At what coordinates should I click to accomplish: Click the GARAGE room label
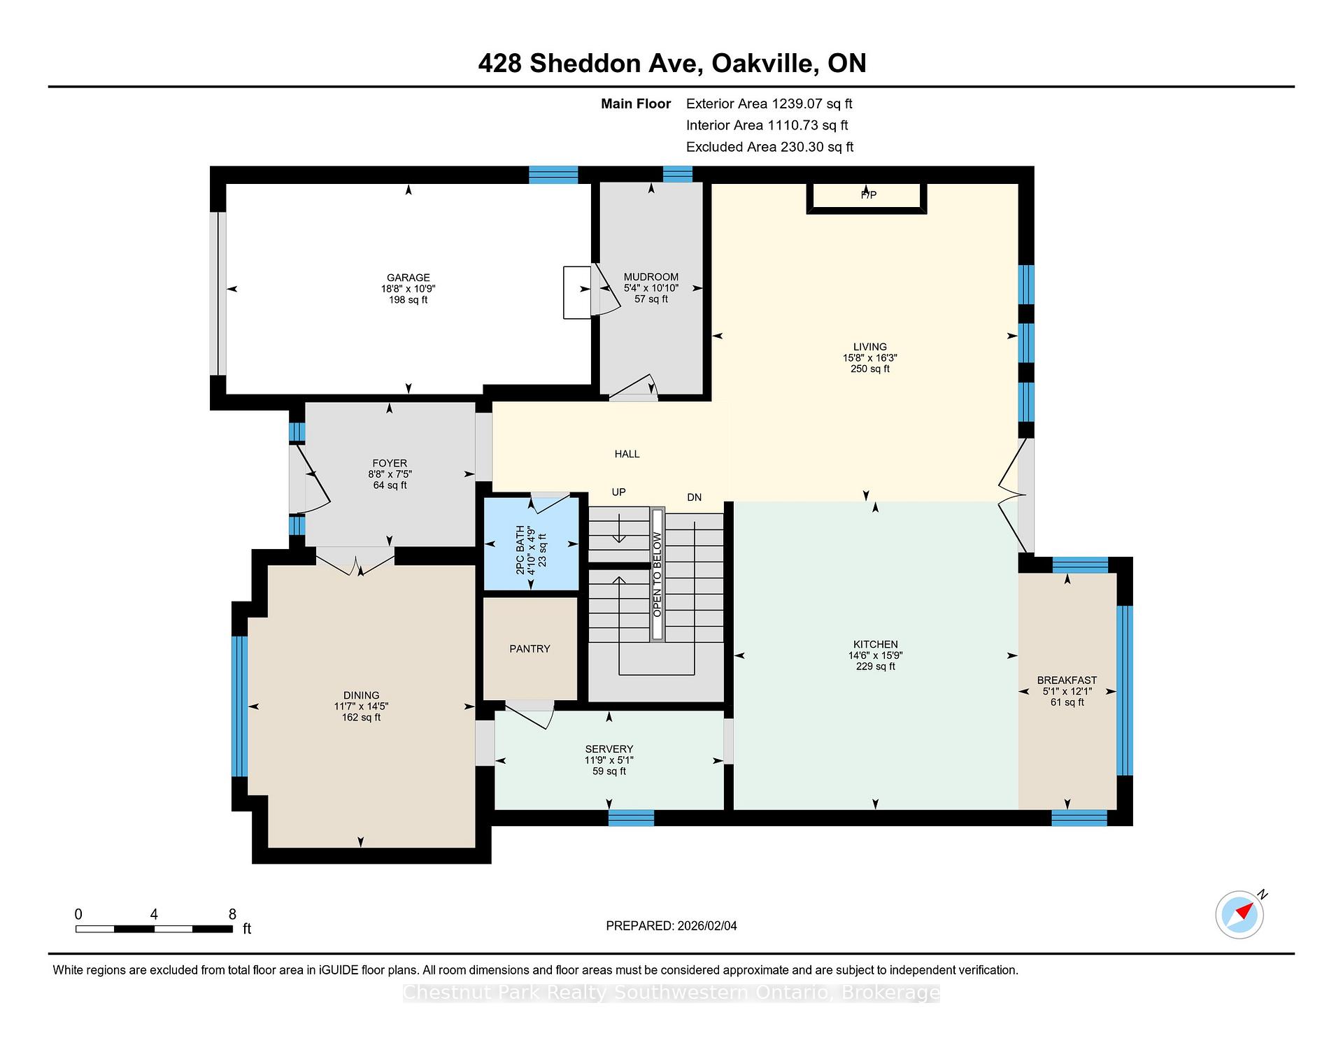point(408,278)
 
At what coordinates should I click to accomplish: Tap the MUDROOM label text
point(651,277)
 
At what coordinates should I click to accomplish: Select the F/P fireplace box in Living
point(867,195)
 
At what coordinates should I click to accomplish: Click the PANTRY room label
point(530,649)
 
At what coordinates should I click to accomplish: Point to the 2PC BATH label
point(520,550)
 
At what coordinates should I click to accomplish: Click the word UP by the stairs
point(618,492)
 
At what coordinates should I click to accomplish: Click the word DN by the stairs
point(694,497)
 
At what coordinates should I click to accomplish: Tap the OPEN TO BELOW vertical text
point(658,575)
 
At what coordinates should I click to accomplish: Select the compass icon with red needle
point(1239,914)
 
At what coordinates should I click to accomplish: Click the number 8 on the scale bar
point(232,914)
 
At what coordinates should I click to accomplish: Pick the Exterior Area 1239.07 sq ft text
point(769,104)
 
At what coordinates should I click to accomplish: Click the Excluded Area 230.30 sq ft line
point(769,147)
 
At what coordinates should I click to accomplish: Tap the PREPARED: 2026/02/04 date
point(671,926)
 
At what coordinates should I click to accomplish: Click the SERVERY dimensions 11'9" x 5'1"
point(609,760)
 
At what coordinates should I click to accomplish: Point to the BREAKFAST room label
point(1066,680)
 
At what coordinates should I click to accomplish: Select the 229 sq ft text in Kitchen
point(875,667)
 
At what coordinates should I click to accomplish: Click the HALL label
point(627,454)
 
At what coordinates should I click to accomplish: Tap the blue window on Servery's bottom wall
point(630,818)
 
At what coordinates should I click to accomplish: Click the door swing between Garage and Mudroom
point(604,290)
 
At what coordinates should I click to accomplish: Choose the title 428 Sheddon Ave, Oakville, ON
point(671,64)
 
